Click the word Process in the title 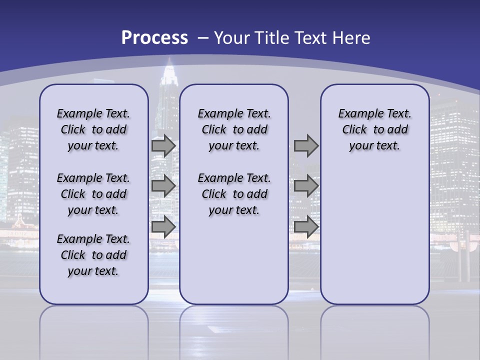154,38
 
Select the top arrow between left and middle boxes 163,145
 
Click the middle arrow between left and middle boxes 163,186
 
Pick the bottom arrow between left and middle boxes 163,226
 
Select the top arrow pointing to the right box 306,145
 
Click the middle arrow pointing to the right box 306,186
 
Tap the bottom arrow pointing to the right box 306,226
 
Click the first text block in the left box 93,129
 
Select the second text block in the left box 93,194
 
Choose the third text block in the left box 93,255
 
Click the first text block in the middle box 234,129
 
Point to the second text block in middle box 234,194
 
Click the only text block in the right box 374,129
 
